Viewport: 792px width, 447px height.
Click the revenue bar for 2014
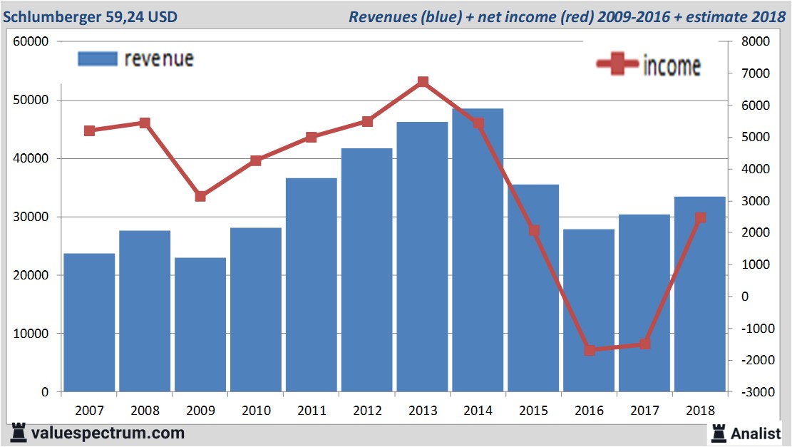point(478,250)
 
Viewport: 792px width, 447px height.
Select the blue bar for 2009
point(200,324)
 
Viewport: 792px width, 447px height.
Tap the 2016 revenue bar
point(589,310)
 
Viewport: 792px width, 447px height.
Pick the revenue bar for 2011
point(311,284)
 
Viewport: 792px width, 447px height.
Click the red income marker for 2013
point(423,82)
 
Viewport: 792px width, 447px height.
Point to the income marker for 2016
point(590,350)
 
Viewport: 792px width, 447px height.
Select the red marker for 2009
point(200,196)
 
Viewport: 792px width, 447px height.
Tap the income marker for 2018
point(700,217)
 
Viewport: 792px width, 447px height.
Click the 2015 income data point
point(534,231)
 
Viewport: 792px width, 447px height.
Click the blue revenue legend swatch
point(97,58)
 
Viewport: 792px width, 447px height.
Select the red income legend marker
point(617,64)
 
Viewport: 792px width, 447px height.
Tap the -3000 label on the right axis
point(754,392)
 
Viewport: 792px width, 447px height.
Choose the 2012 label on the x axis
point(366,411)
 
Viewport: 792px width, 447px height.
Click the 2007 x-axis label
point(89,411)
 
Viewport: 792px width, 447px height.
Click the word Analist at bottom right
point(756,433)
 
